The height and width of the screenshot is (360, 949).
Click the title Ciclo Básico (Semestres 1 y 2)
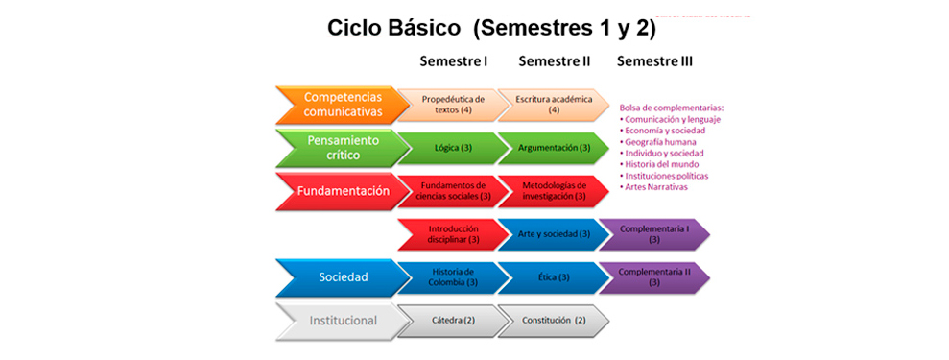point(491,29)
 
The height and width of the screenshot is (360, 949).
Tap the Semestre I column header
point(454,61)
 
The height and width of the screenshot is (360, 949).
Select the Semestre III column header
point(654,61)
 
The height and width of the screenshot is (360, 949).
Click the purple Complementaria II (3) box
point(654,277)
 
